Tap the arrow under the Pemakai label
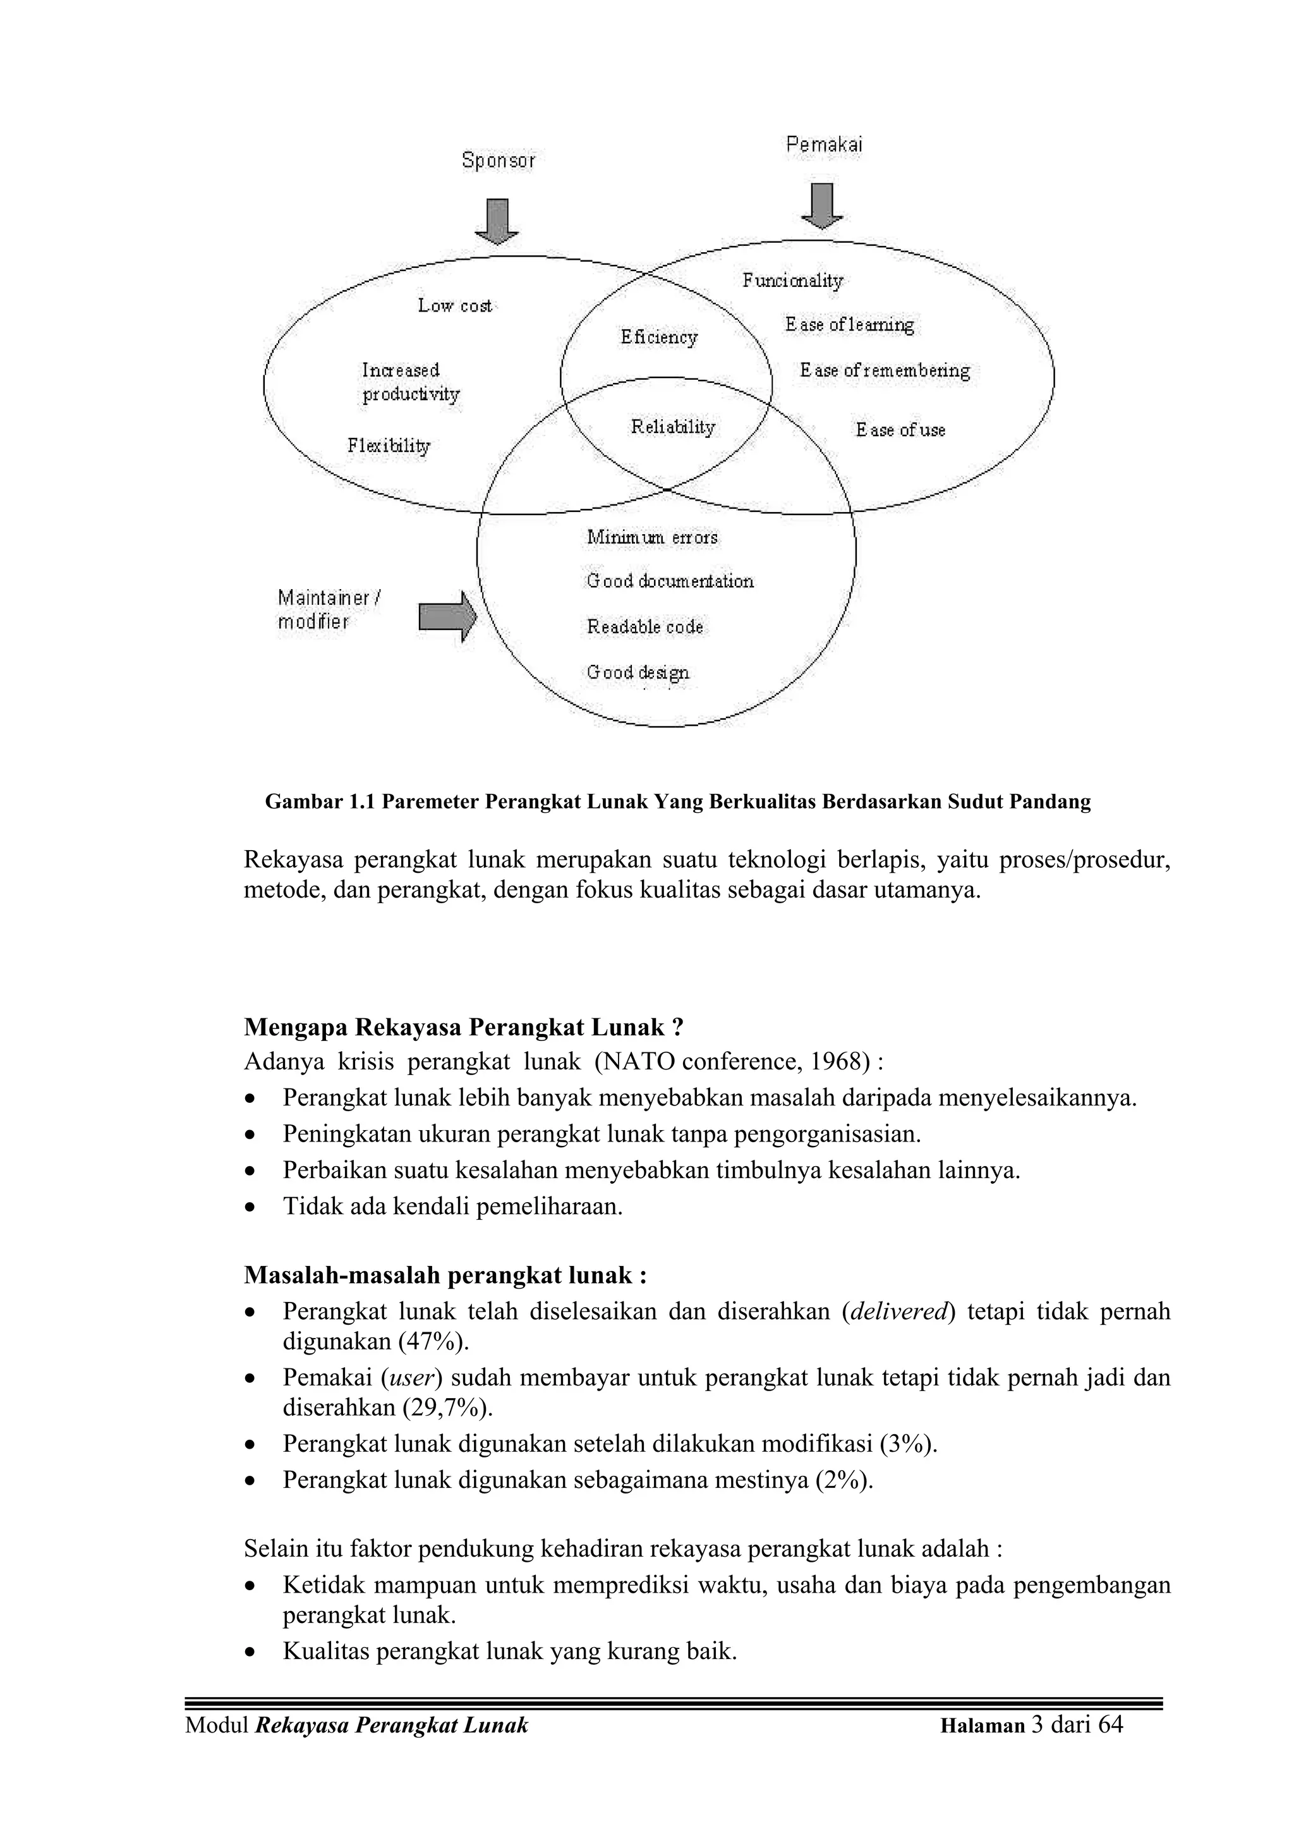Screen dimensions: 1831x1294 [x=822, y=206]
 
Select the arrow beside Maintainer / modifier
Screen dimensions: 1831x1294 [x=447, y=616]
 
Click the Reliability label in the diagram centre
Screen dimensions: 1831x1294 [x=673, y=427]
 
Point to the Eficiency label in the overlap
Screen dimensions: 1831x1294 [x=658, y=338]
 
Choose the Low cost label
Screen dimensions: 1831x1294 [x=454, y=305]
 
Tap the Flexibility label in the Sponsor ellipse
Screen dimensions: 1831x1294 [x=389, y=446]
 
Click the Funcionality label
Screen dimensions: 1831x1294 [x=792, y=281]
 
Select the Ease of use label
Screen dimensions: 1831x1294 [x=900, y=430]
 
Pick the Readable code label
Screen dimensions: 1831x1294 [x=645, y=627]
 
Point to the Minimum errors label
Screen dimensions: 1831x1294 [x=652, y=537]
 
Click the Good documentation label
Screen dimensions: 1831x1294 [x=670, y=581]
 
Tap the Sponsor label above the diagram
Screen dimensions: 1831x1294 [x=499, y=161]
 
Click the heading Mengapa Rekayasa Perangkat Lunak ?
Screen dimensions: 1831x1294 [x=463, y=1026]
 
